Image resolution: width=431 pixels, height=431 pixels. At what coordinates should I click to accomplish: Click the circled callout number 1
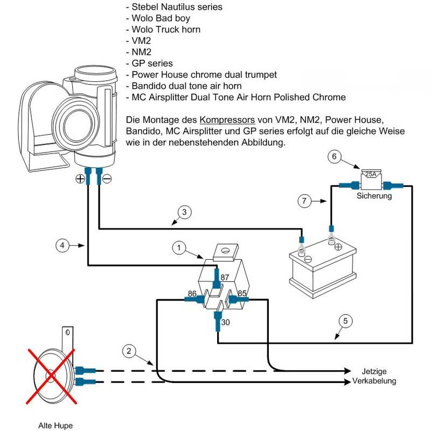179,248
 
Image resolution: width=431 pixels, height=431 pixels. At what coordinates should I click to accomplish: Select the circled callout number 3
184,212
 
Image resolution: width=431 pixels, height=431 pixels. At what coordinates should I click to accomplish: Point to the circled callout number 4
63,245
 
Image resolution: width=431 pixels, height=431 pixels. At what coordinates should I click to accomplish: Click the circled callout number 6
335,157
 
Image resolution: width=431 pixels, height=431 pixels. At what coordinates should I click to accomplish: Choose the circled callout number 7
304,201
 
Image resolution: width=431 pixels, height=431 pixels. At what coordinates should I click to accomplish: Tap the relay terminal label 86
192,294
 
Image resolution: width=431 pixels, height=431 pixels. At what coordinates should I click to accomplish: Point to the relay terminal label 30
226,322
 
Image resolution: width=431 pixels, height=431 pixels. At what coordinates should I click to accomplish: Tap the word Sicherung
374,197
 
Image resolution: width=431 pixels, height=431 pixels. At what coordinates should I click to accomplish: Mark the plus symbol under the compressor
80,178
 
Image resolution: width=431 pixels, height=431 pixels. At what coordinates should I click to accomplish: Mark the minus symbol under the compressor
107,178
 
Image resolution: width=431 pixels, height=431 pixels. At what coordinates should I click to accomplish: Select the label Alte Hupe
55,425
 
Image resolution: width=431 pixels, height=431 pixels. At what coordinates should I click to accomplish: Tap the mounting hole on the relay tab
226,250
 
